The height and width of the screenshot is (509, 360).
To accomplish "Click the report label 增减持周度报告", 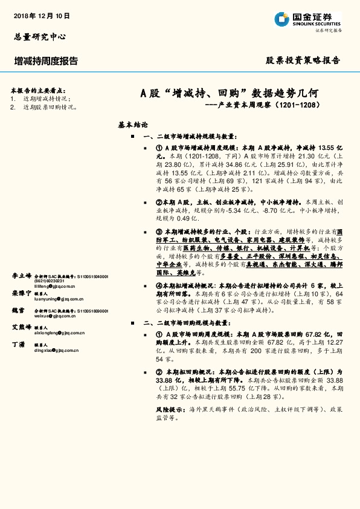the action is click(46, 61).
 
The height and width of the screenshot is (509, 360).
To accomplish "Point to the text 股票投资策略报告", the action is click(303, 60).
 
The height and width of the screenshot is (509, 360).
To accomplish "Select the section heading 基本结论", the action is click(133, 125).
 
